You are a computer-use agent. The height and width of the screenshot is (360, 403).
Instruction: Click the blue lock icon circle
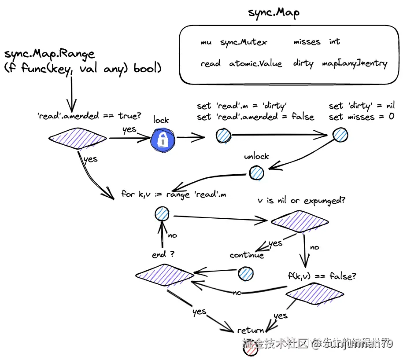[x=163, y=140]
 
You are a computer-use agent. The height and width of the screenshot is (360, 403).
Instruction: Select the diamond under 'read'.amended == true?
[x=78, y=139]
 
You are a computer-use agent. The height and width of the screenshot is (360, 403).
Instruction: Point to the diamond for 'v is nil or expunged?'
[x=299, y=221]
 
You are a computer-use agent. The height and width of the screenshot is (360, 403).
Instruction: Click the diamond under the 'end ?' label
[x=165, y=275]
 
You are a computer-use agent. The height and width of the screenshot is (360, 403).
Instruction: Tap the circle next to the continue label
[x=246, y=274]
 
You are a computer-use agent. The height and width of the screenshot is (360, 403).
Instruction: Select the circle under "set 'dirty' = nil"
[x=340, y=135]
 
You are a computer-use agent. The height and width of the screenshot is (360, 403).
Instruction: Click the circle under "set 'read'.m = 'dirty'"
[x=223, y=136]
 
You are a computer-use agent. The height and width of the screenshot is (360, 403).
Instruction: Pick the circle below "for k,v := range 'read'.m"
[x=162, y=214]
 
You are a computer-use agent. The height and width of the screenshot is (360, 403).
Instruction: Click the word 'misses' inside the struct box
[x=307, y=42]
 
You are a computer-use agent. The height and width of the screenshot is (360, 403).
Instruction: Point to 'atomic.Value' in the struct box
[x=255, y=64]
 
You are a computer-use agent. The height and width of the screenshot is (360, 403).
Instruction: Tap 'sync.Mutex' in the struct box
[x=244, y=42]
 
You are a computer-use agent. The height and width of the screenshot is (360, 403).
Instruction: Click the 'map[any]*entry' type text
[x=355, y=64]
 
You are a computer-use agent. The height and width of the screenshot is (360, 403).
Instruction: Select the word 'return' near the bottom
[x=251, y=330]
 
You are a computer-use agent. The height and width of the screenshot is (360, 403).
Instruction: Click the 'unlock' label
[x=256, y=157]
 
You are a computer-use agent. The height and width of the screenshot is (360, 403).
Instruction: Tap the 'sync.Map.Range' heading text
[x=49, y=54]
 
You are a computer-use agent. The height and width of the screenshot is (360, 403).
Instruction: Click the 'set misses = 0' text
[x=361, y=117]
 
